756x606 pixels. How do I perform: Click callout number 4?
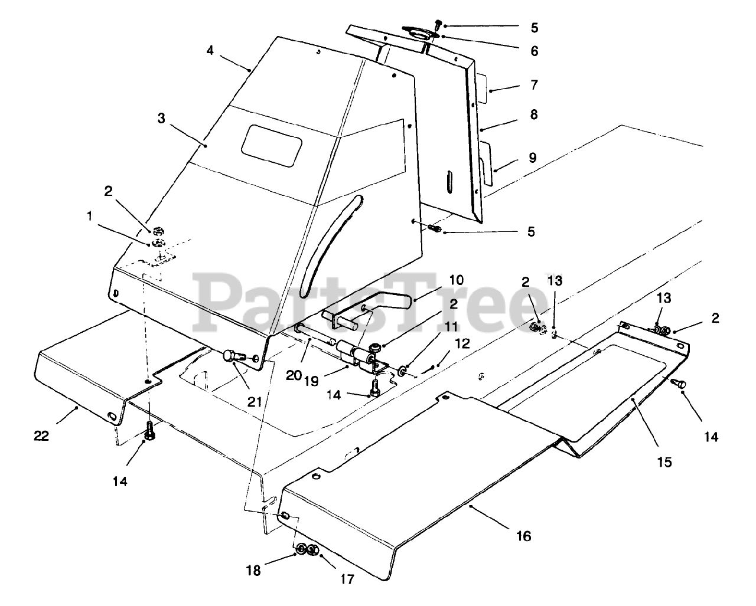coord(210,50)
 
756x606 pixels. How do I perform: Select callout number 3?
coord(161,119)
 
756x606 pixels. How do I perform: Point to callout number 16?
coord(523,536)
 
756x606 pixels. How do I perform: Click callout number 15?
coord(664,462)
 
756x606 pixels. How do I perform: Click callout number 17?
coord(347,579)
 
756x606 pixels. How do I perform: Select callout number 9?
coord(533,158)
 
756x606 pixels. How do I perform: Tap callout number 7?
coord(534,85)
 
